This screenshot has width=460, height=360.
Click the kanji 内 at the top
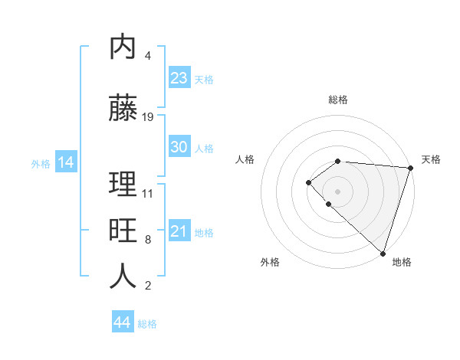point(123,47)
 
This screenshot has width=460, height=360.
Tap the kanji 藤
point(123,109)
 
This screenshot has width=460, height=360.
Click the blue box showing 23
point(179,78)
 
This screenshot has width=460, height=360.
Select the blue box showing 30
point(179,147)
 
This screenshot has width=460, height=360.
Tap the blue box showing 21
point(179,231)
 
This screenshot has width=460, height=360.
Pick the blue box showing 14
point(65,162)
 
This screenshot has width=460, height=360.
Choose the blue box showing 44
point(123,322)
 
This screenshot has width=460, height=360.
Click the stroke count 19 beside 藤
point(148,117)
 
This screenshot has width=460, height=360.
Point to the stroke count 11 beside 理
point(148,193)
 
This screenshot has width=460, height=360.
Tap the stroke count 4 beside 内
point(148,56)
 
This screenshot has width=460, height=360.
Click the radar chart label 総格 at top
point(338,100)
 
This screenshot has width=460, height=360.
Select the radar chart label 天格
point(431,159)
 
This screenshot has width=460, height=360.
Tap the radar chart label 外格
point(270,262)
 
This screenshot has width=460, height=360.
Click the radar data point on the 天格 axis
point(411,167)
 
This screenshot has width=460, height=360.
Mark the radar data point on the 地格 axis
point(383,253)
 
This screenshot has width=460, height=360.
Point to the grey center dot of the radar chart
point(338,191)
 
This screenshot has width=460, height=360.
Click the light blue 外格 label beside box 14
point(41,163)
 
